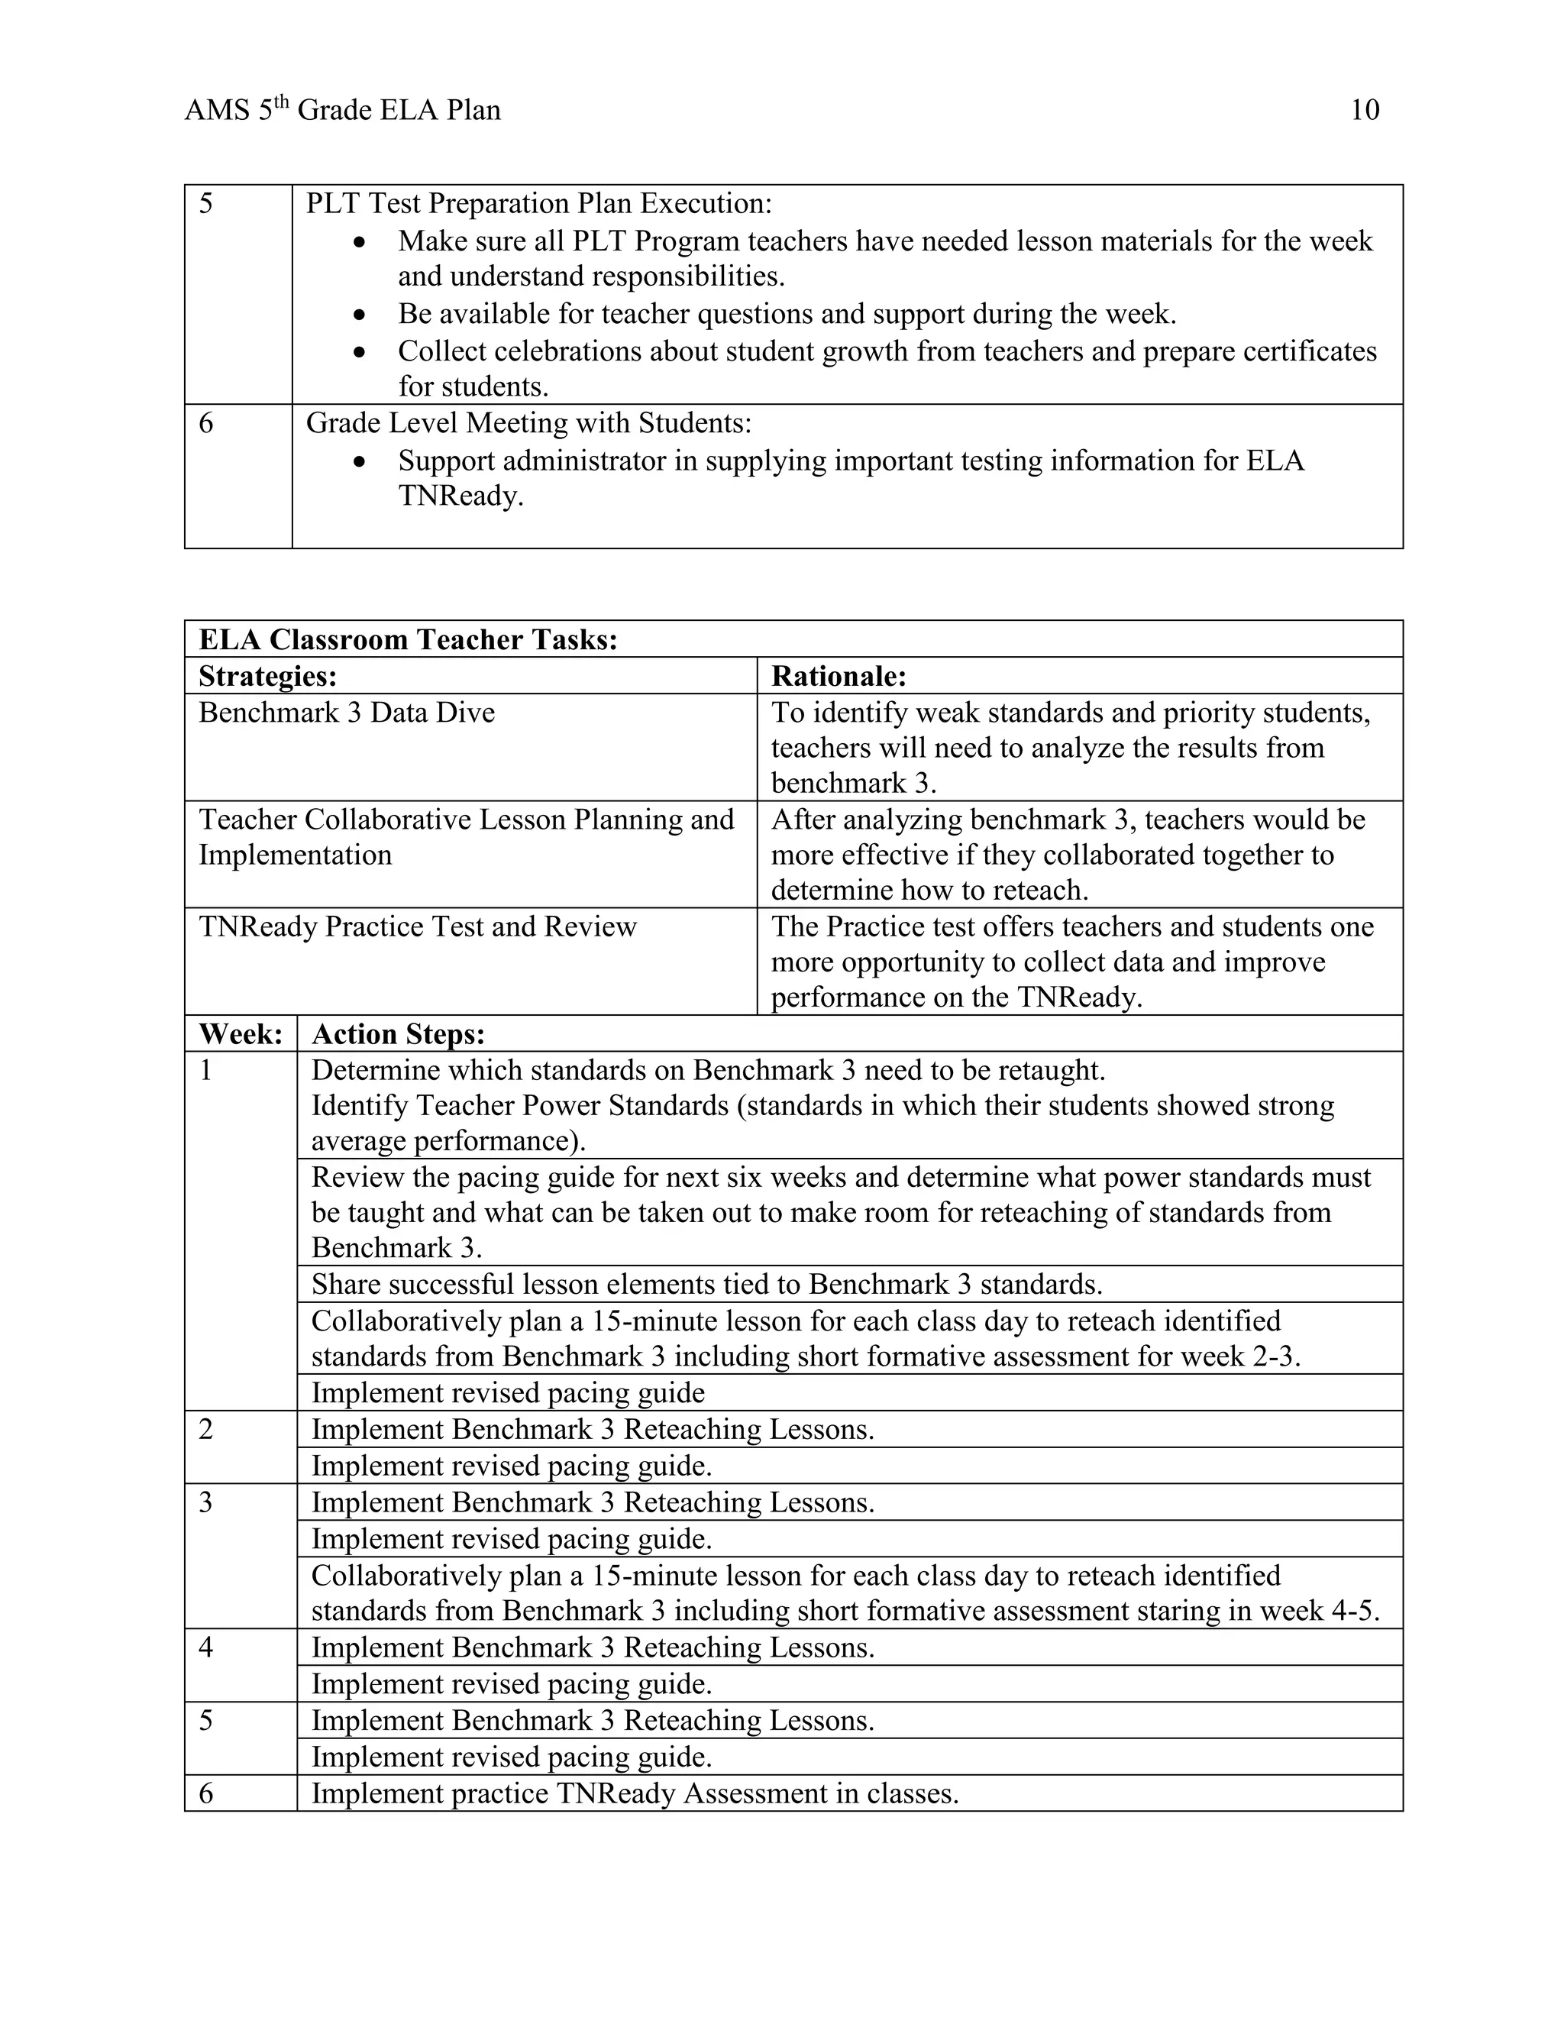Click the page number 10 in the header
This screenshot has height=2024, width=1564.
click(1365, 110)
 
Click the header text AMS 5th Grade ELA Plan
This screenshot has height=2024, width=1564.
click(342, 110)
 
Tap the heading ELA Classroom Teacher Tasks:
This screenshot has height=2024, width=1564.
click(408, 639)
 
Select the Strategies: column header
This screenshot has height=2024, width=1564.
click(268, 677)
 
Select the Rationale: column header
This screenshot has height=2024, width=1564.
click(839, 677)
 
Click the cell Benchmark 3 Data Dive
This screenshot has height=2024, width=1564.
click(347, 713)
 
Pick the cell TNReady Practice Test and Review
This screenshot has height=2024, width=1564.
click(417, 926)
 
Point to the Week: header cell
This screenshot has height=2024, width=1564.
click(240, 1034)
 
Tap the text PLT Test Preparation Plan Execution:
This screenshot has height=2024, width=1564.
click(538, 203)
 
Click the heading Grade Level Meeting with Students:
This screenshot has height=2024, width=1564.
click(528, 424)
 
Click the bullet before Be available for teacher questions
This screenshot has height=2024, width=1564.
click(360, 316)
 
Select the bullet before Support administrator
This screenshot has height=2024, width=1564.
click(360, 462)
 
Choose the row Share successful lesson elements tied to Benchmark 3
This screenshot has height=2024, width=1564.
click(706, 1285)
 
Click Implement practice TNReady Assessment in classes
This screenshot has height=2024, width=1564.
click(635, 1794)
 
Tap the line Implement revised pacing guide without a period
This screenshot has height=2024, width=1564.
click(508, 1393)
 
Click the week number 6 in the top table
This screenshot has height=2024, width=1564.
click(205, 424)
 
